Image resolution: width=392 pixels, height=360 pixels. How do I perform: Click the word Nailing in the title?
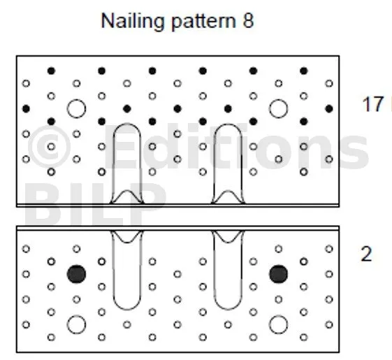[x=132, y=22]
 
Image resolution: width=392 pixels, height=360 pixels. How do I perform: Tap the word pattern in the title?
[x=204, y=22]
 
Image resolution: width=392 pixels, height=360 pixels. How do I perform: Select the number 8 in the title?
[x=248, y=20]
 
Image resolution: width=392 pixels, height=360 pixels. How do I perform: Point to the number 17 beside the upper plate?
[x=372, y=104]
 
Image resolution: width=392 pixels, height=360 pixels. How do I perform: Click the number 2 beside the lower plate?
[x=367, y=254]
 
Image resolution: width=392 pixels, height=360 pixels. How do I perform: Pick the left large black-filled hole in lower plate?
[x=76, y=274]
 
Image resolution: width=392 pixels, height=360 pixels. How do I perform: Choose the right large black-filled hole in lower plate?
[x=279, y=274]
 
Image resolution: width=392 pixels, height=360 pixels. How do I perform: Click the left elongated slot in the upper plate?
[x=114, y=163]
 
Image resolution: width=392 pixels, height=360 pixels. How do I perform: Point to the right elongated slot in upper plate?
[x=215, y=163]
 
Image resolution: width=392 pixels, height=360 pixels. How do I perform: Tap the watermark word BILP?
[x=95, y=204]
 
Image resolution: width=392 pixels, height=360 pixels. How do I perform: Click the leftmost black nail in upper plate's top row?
[x=51, y=71]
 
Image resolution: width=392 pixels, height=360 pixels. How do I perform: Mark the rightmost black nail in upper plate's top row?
[x=304, y=71]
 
